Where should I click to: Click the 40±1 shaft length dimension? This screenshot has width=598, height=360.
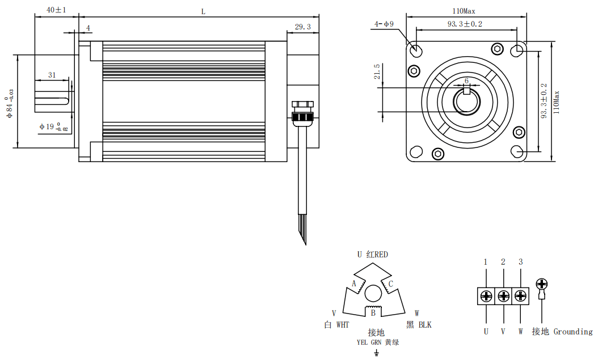click(x=56, y=10)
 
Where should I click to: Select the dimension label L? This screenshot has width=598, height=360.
click(x=203, y=12)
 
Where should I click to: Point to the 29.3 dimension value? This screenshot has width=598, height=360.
click(x=303, y=27)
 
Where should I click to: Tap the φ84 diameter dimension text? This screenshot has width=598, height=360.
click(x=10, y=103)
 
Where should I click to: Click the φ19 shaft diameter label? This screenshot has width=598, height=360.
click(x=53, y=126)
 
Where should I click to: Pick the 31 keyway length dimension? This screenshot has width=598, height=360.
click(x=52, y=75)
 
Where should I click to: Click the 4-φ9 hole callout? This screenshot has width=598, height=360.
click(x=384, y=24)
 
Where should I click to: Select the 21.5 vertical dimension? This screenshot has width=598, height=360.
click(x=377, y=71)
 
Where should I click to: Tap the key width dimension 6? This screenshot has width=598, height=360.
click(x=466, y=81)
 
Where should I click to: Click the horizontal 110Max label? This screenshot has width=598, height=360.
click(x=464, y=11)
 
